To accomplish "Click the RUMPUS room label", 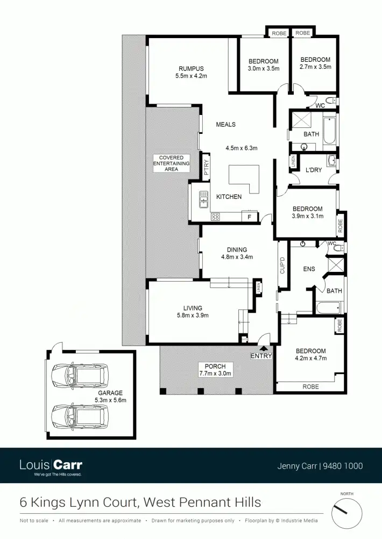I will click(x=191, y=68).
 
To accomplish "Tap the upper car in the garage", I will click(x=79, y=376).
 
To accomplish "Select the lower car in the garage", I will click(x=79, y=415).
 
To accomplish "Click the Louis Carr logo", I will click(x=51, y=465).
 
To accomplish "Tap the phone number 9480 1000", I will click(x=342, y=466).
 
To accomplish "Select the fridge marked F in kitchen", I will click(x=249, y=217).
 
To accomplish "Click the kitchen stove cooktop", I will click(x=215, y=217).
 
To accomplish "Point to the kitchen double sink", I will click(x=204, y=199).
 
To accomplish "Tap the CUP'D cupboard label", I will click(x=282, y=265).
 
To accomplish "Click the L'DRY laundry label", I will click(x=314, y=170).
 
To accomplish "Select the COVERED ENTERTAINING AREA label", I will click(x=172, y=163).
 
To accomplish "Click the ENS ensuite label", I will click(x=309, y=269).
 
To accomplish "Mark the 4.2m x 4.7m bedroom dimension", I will click(x=310, y=358).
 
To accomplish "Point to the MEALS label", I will click(x=226, y=125).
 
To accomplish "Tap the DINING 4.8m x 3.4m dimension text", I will click(x=237, y=257).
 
